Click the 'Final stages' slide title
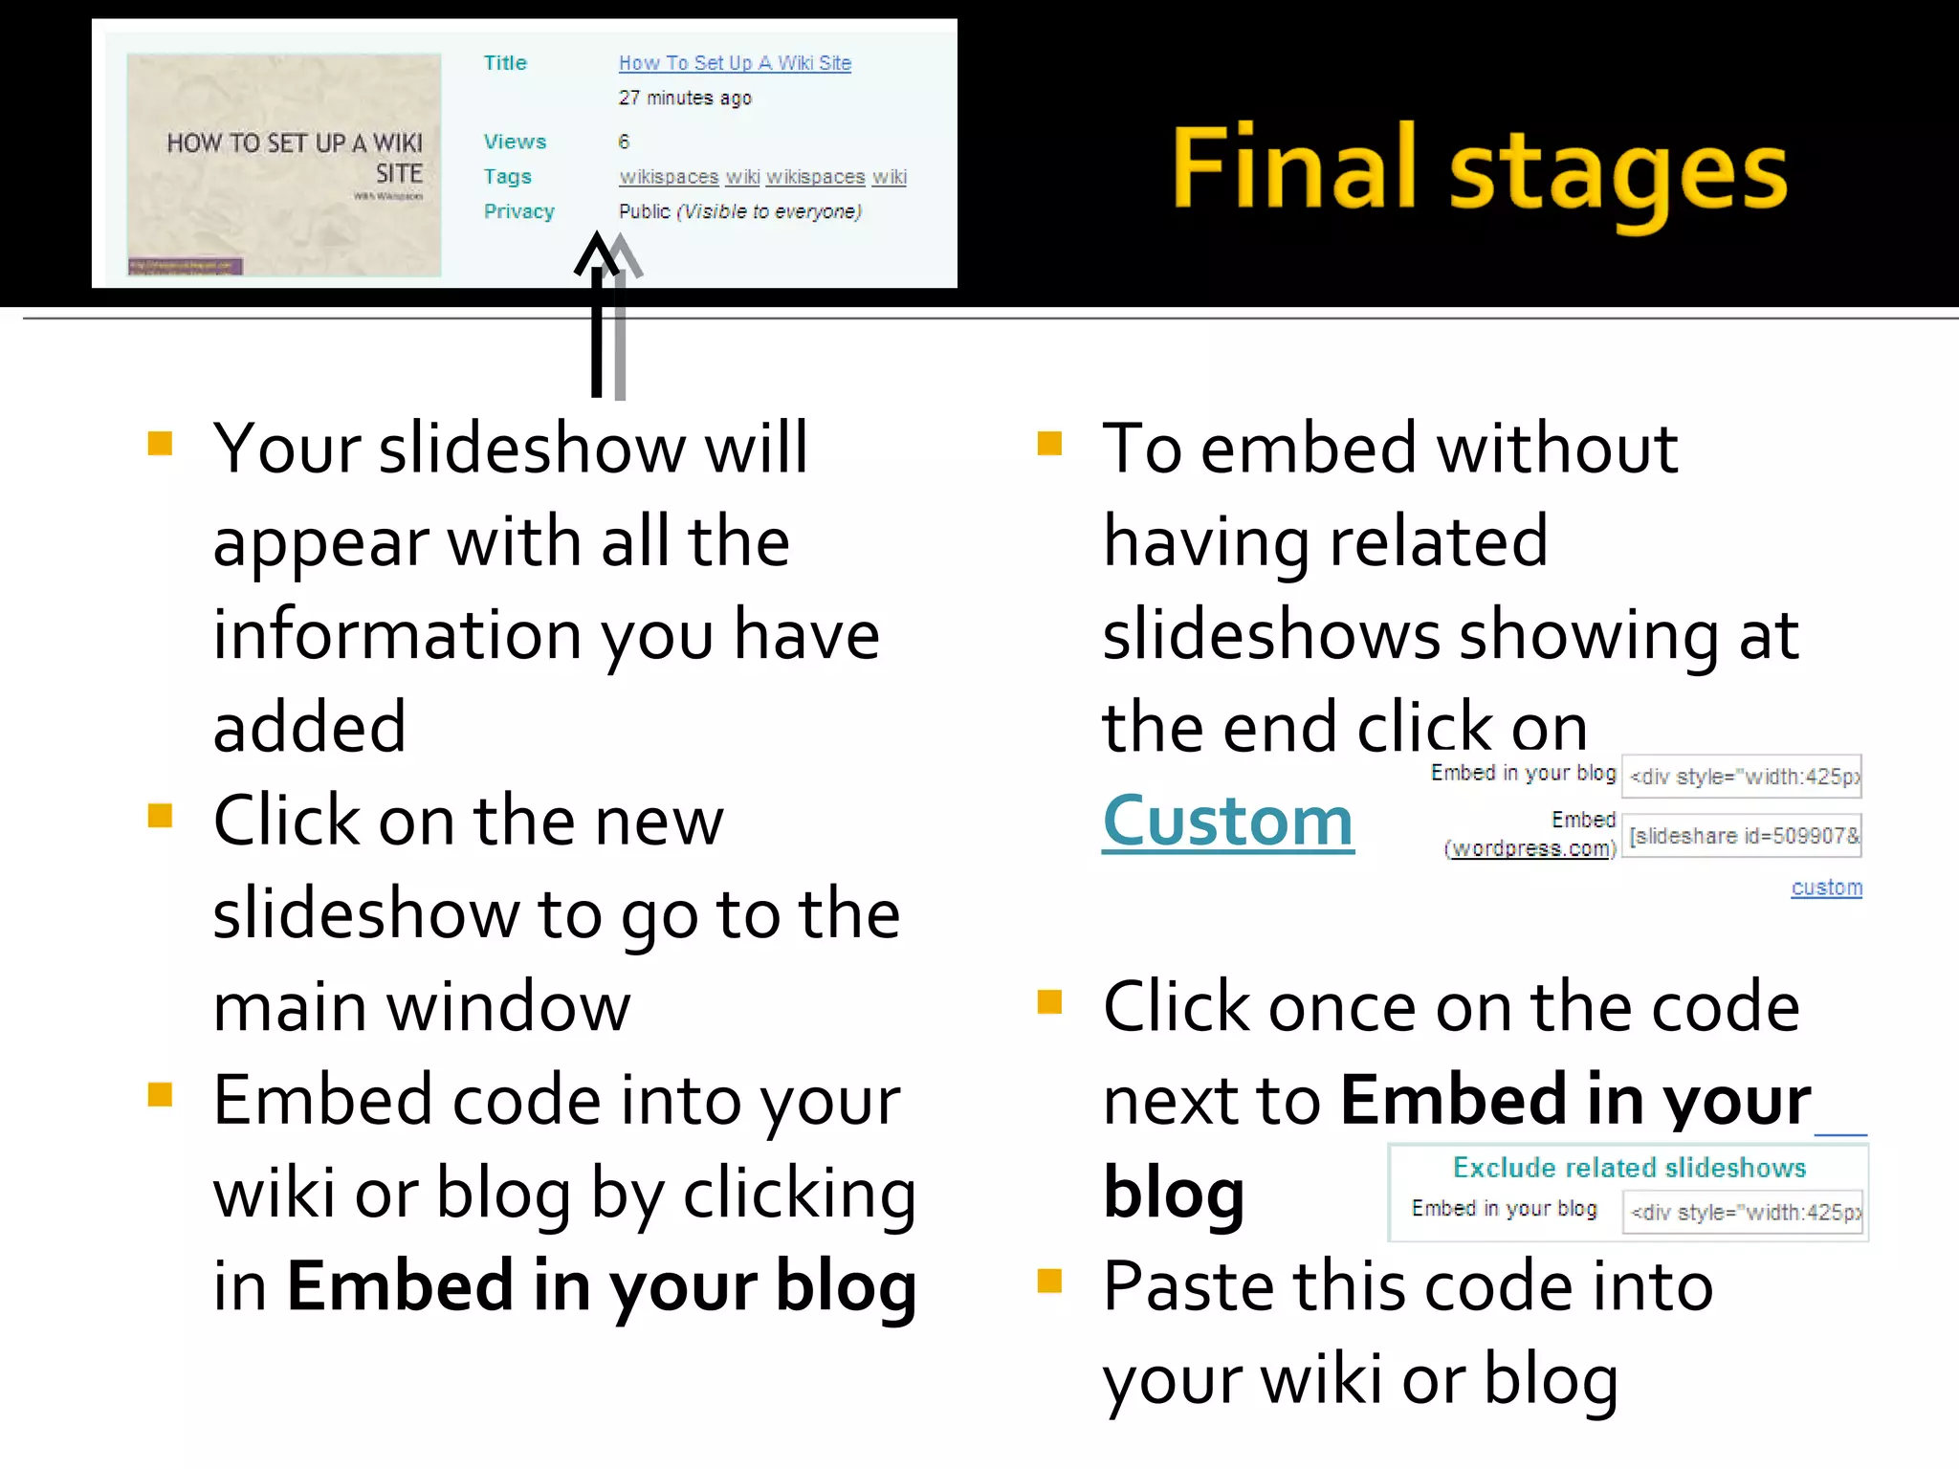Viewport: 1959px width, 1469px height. tap(1479, 169)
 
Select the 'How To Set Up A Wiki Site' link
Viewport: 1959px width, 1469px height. tap(735, 63)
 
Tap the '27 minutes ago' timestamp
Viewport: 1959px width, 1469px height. tap(685, 98)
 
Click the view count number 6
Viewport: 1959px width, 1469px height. tap(624, 142)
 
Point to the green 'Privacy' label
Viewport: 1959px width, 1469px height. tap(518, 211)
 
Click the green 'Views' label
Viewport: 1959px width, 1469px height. tap(515, 142)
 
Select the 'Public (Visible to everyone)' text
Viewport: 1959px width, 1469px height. tap(740, 211)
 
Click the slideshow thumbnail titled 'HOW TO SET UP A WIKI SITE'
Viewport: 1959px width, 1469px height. tap(284, 164)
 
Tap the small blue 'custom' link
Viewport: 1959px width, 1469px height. tap(1826, 888)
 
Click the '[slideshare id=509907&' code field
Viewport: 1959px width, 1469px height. tap(1743, 836)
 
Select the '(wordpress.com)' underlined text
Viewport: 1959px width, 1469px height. tap(1530, 848)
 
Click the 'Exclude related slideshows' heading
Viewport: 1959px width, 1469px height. tap(1629, 1168)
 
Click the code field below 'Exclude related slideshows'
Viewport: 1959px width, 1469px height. tap(1743, 1213)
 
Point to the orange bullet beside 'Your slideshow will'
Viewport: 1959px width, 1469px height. tap(160, 444)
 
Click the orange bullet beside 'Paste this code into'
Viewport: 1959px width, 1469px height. tap(1049, 1281)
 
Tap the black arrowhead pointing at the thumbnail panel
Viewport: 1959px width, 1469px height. tap(597, 252)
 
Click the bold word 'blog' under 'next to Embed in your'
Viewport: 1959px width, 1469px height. tap(1174, 1194)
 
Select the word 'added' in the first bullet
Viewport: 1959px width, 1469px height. tap(310, 727)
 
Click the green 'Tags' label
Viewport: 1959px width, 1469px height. tap(507, 177)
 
